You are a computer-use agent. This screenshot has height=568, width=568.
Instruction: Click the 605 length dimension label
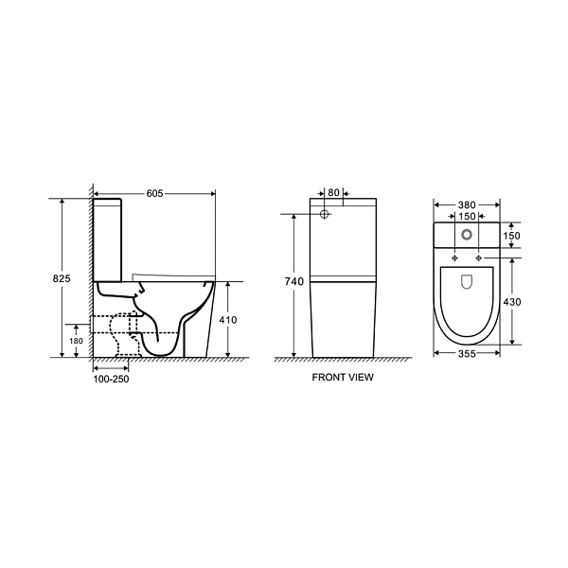pyautogui.click(x=154, y=194)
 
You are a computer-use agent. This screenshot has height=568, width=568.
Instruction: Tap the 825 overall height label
pyautogui.click(x=62, y=278)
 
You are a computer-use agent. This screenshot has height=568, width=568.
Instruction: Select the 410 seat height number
pyautogui.click(x=228, y=320)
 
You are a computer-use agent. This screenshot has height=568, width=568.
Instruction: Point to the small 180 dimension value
pyautogui.click(x=76, y=341)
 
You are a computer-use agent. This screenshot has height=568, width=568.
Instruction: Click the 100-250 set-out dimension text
pyautogui.click(x=111, y=380)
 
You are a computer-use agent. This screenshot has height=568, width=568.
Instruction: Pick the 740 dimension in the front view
pyautogui.click(x=293, y=281)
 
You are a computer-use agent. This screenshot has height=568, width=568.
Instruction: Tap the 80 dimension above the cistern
pyautogui.click(x=333, y=193)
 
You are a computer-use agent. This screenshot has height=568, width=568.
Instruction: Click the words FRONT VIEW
pyautogui.click(x=343, y=378)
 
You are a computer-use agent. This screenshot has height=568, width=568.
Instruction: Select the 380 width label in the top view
pyautogui.click(x=467, y=205)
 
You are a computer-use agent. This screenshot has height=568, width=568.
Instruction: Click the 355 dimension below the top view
pyautogui.click(x=467, y=353)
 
